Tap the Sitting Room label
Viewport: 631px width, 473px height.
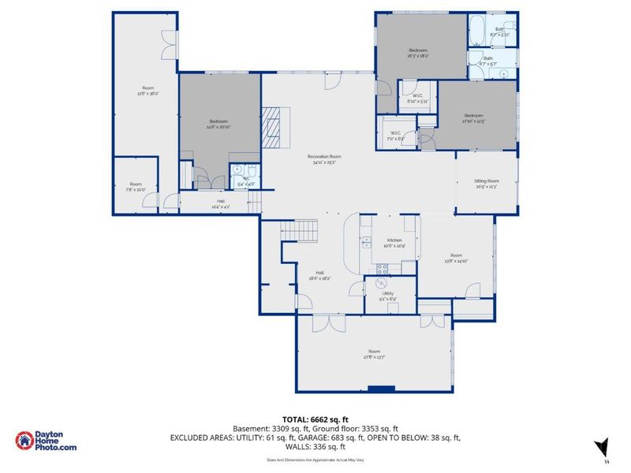pyautogui.click(x=487, y=184)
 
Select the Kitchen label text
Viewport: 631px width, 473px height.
pyautogui.click(x=394, y=243)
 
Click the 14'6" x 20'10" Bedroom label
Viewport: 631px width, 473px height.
pyautogui.click(x=218, y=124)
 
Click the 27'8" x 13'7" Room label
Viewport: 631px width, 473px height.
pyautogui.click(x=374, y=354)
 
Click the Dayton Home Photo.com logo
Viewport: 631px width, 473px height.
pyautogui.click(x=48, y=441)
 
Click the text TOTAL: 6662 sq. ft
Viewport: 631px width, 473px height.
pyautogui.click(x=315, y=420)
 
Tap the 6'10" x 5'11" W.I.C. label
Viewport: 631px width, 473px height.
pyautogui.click(x=417, y=99)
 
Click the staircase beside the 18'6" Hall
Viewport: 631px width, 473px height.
pyautogui.click(x=300, y=231)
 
